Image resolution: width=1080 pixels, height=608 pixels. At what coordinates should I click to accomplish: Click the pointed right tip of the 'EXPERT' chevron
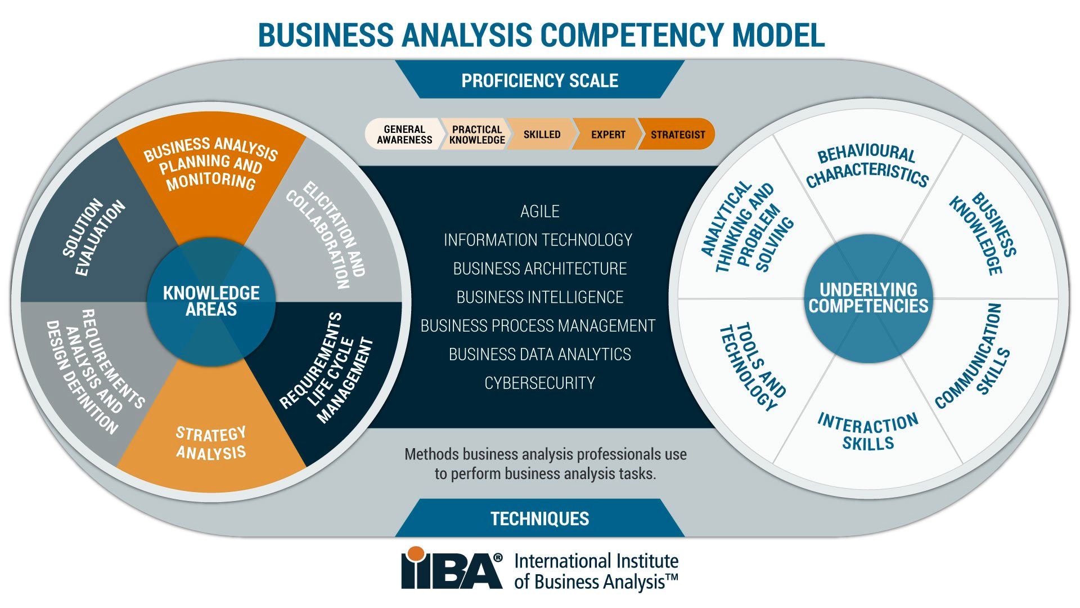coord(642,134)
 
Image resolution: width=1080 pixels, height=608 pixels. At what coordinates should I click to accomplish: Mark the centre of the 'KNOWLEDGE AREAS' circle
coord(211,302)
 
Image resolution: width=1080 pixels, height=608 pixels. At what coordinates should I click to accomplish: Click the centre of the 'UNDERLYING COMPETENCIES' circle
coord(868,298)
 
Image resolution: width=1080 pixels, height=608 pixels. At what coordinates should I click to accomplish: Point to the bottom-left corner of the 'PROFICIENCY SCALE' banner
coord(420,98)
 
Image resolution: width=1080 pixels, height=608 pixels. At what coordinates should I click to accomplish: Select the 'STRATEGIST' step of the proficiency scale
coord(677,135)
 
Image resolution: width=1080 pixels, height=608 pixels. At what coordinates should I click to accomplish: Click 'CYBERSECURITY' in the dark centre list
coord(539,383)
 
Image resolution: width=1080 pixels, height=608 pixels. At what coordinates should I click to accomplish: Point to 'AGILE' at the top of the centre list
coord(539,211)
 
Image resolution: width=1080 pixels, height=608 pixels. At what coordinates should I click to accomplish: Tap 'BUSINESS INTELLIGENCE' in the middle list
coord(539,297)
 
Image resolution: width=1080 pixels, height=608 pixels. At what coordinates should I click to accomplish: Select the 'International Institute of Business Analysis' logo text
coord(596,571)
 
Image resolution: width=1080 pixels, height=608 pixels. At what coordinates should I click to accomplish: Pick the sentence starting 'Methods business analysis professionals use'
coord(545,464)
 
